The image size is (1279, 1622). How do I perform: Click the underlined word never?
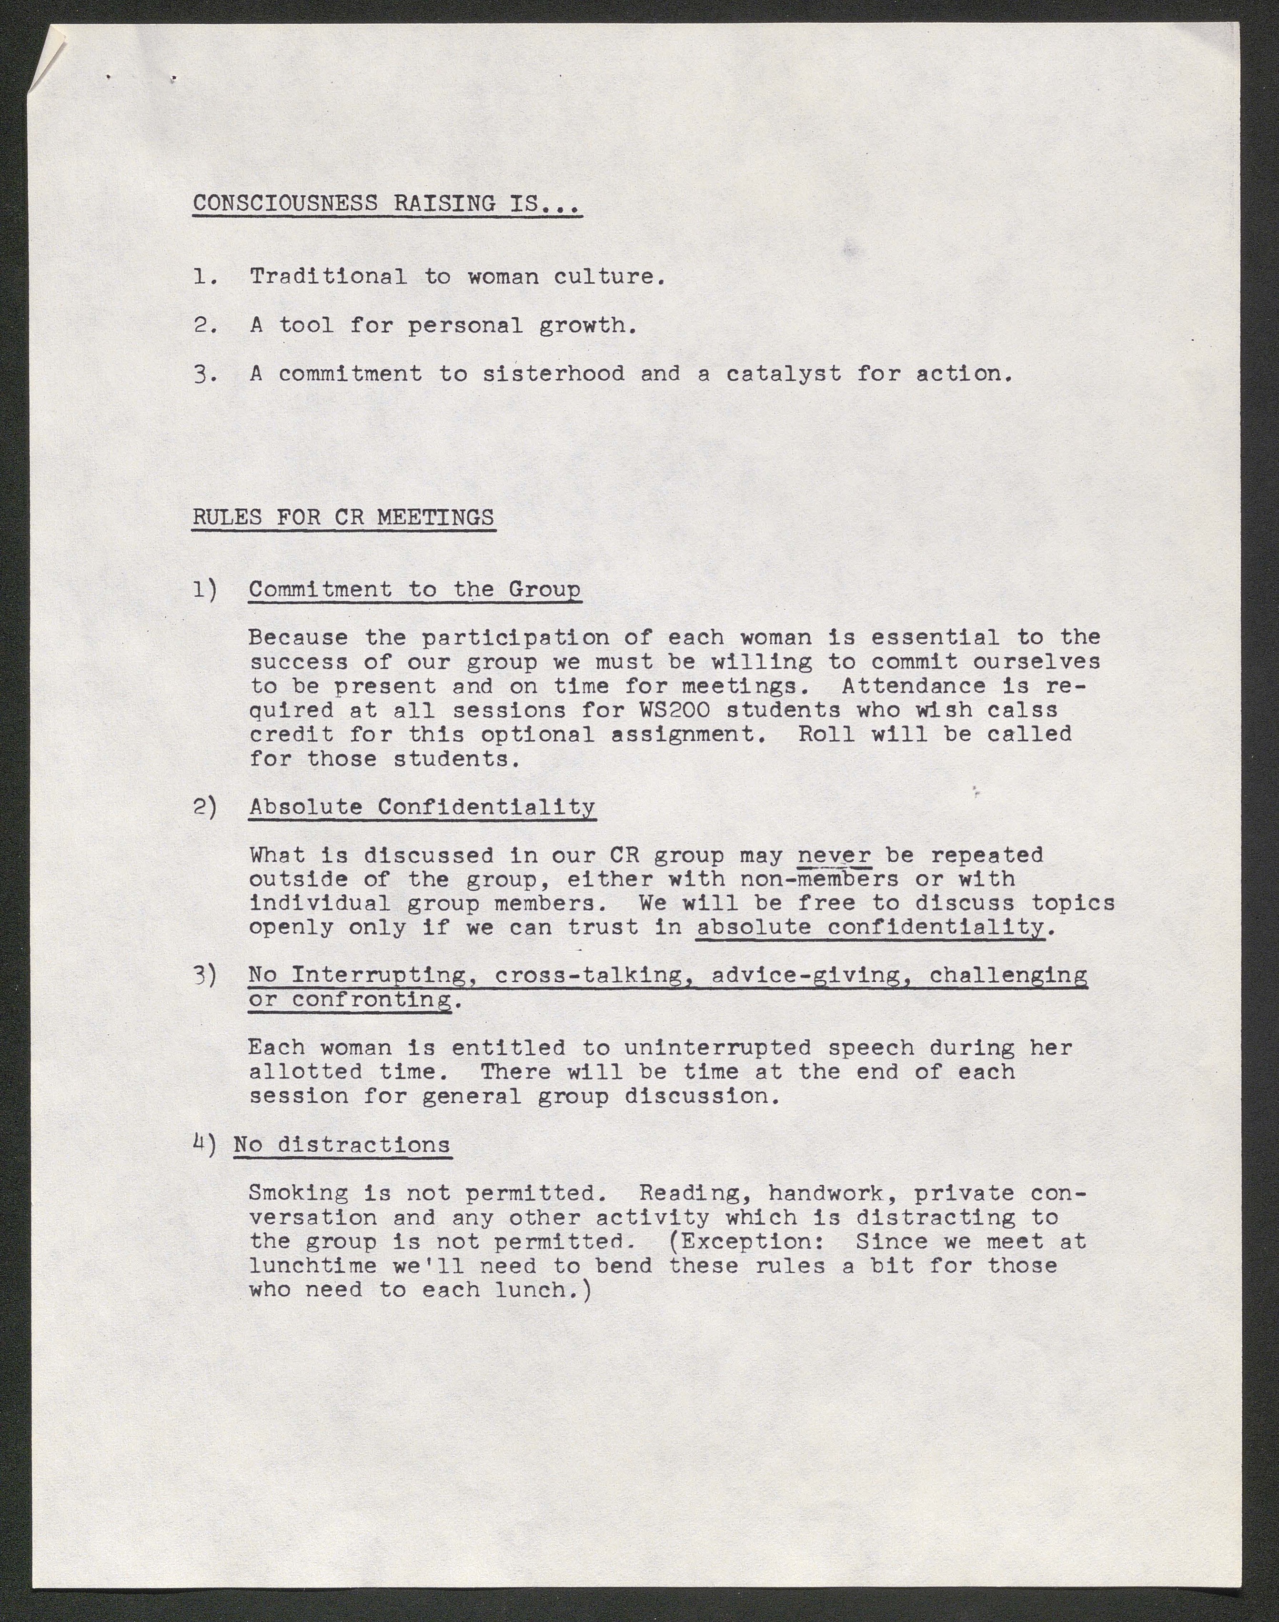834,855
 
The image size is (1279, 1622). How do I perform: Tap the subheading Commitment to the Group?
414,589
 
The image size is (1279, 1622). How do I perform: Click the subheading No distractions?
342,1144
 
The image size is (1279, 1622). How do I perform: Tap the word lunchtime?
313,1266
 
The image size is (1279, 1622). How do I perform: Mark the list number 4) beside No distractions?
204,1144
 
